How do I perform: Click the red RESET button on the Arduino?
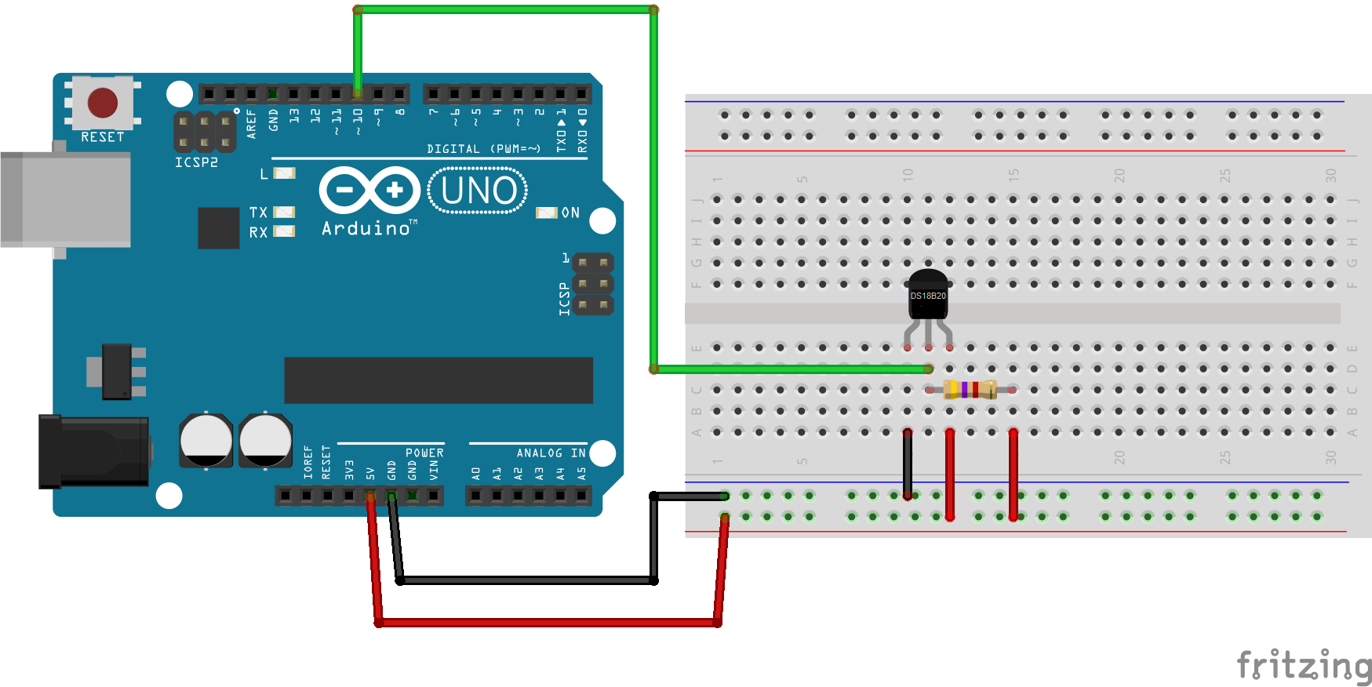point(103,103)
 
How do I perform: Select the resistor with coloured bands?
point(970,389)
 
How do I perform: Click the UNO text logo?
point(478,191)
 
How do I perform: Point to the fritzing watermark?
point(1303,666)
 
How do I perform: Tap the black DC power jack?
point(94,451)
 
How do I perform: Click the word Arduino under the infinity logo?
point(366,228)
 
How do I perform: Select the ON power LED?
point(546,213)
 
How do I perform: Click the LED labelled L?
point(284,173)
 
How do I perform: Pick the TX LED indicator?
point(284,213)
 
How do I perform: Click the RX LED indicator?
point(284,231)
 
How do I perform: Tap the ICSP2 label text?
point(196,162)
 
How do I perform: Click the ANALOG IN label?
point(551,453)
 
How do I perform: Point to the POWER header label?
point(424,453)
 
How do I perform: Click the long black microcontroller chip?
point(439,380)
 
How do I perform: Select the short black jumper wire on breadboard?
point(908,463)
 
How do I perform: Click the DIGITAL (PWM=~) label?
point(483,149)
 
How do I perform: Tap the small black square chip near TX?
point(218,227)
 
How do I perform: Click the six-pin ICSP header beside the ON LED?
point(593,283)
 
